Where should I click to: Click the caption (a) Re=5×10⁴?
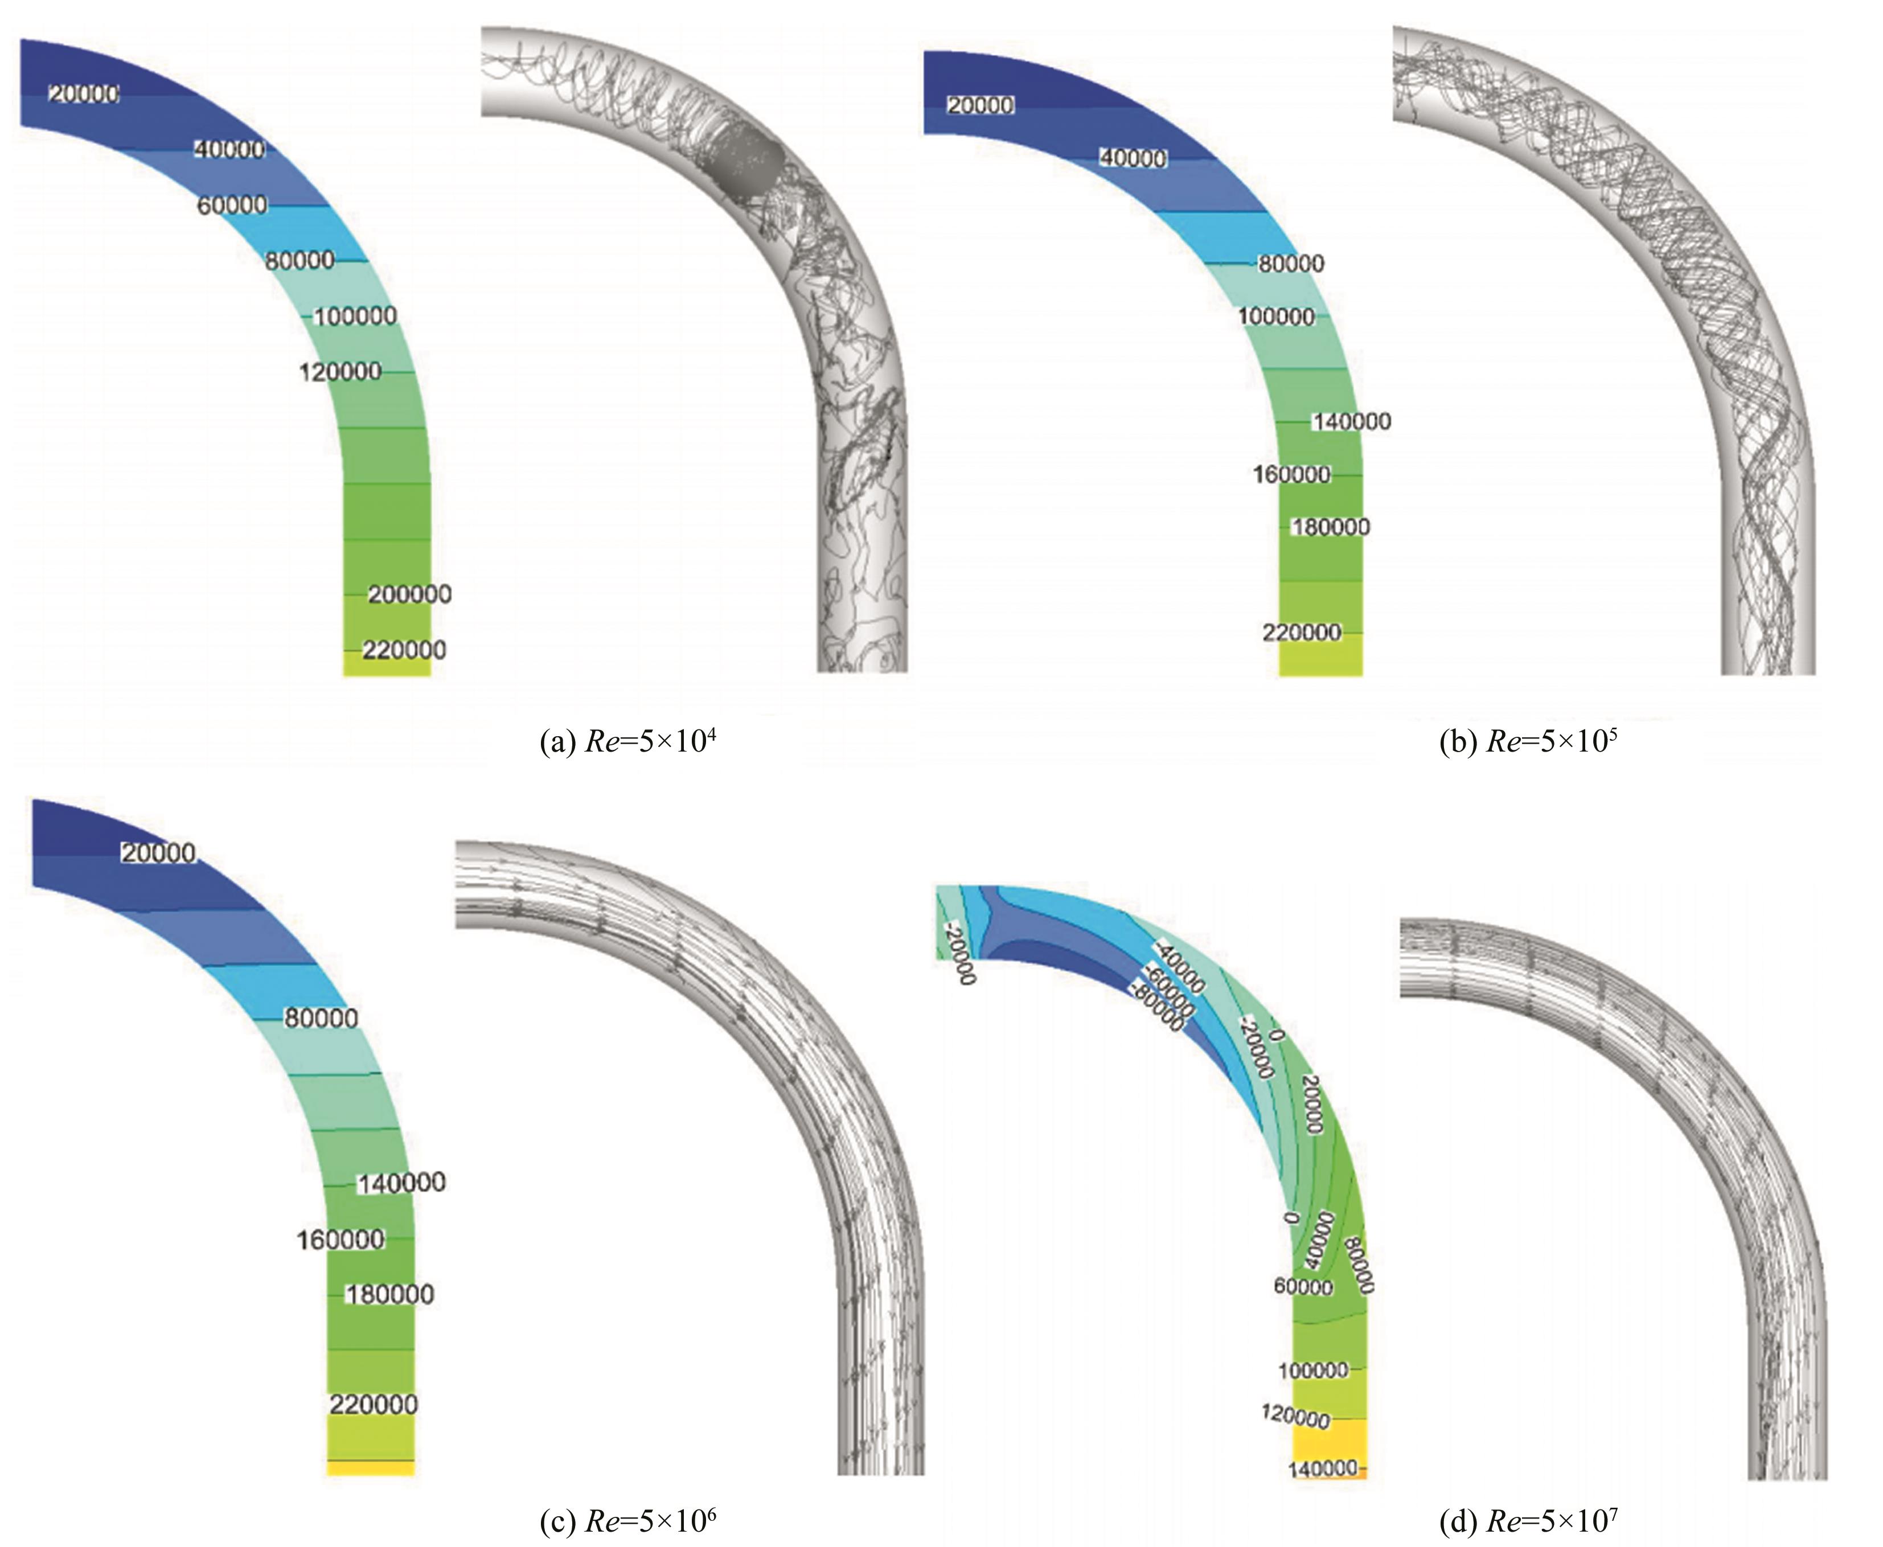pos(628,741)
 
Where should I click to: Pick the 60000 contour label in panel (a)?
pos(232,205)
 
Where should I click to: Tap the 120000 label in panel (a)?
pos(339,372)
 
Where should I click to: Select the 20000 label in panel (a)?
pos(84,93)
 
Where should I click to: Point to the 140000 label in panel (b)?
pos(1351,421)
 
